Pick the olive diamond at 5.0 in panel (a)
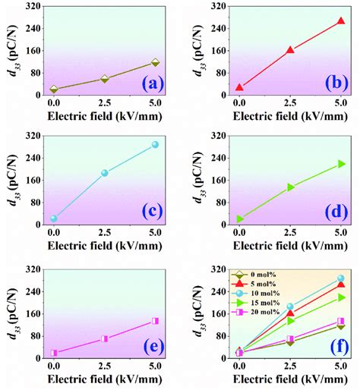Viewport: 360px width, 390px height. pos(155,63)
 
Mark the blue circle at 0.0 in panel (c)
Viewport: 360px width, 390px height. pos(53,219)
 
